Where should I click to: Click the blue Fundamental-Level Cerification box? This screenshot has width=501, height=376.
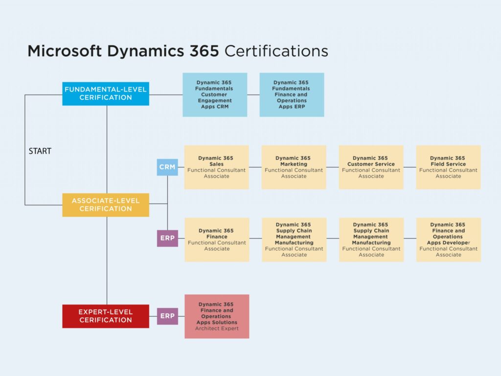(106, 94)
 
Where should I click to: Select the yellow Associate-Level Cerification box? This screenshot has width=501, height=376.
(106, 205)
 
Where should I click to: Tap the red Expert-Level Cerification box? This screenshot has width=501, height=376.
(106, 316)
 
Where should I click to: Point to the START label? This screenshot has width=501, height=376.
(40, 151)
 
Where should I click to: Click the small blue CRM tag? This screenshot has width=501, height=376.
(167, 167)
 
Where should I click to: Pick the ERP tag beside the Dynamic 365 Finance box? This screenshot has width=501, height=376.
(167, 238)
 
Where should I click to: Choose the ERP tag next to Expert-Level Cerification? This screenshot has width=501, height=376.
(167, 316)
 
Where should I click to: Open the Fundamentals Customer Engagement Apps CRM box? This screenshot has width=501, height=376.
(215, 94)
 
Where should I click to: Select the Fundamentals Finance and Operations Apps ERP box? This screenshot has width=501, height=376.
(292, 94)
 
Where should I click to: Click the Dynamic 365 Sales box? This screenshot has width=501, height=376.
(216, 167)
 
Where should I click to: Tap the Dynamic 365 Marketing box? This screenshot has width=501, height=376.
(294, 167)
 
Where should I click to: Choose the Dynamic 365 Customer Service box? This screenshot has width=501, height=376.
(371, 167)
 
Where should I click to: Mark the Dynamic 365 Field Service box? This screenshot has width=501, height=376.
(448, 167)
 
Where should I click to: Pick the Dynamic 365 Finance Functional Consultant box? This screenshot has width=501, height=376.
(217, 239)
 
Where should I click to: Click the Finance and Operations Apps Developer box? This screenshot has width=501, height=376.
(448, 239)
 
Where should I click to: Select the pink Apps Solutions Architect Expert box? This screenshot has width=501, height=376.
(217, 316)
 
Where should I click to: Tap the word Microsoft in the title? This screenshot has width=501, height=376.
(65, 51)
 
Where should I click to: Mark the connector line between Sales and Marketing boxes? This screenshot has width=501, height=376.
(255, 167)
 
